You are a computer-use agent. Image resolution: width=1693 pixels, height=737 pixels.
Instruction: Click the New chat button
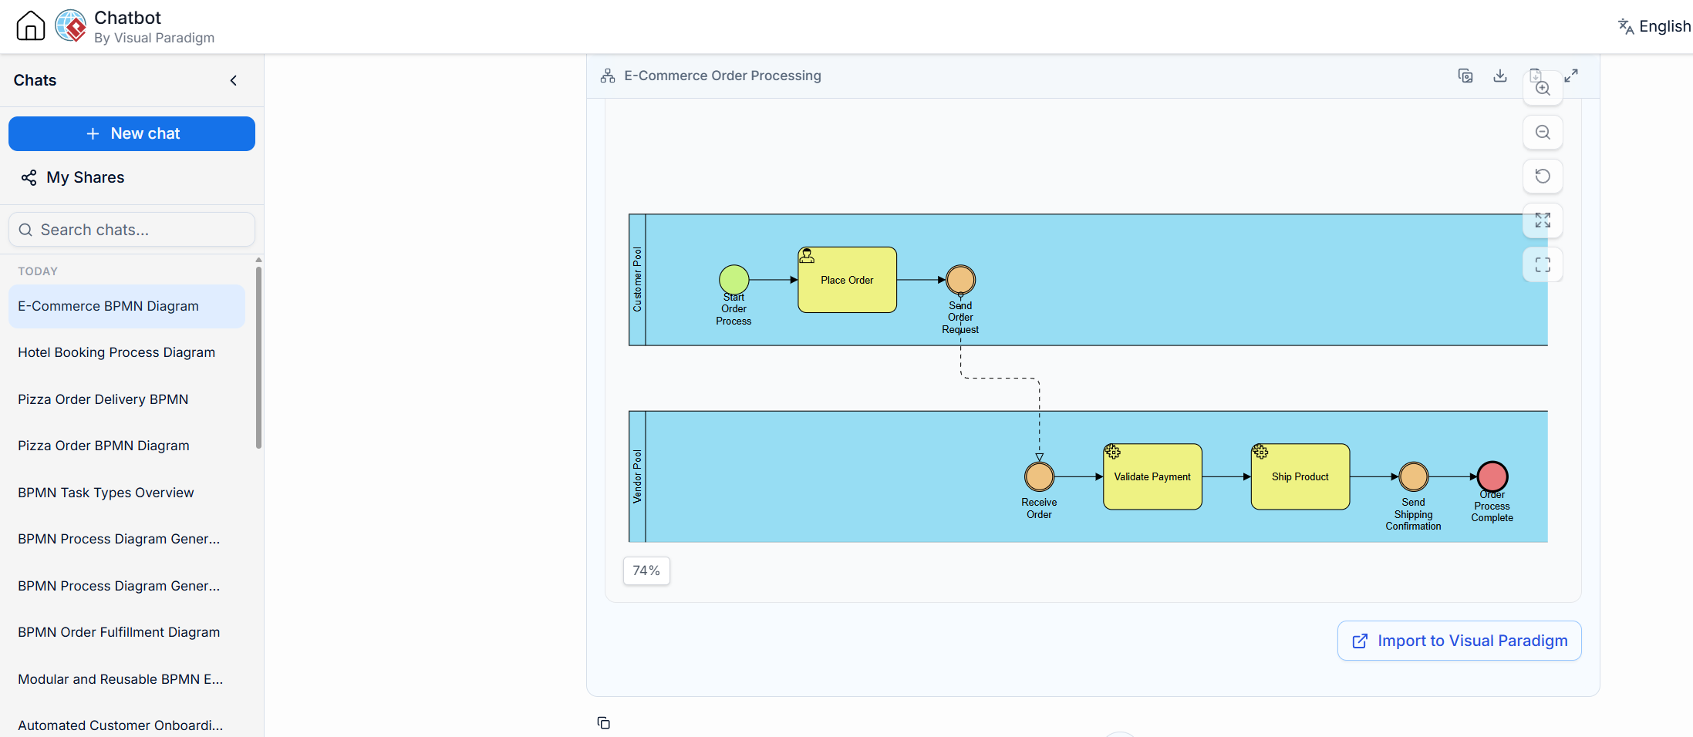132,133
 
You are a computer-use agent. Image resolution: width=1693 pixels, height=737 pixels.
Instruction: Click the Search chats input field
132,230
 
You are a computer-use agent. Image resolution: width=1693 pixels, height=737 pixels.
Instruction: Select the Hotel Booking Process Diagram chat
116,352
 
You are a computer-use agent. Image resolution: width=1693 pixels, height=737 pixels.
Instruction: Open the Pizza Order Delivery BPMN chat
103,399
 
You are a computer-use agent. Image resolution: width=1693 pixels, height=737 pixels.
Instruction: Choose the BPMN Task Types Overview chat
106,493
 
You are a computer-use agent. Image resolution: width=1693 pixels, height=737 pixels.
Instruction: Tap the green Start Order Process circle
734,280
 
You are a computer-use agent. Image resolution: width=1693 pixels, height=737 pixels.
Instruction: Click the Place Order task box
847,280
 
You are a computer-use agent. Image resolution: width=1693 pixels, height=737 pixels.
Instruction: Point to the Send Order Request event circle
960,280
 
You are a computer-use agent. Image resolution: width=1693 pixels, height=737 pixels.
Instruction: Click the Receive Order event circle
1039,476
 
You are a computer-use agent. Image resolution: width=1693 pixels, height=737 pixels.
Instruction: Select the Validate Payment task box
1152,476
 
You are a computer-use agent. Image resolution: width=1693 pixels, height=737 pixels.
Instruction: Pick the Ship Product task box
1300,476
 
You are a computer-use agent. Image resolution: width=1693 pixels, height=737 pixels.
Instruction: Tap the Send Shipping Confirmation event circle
1414,476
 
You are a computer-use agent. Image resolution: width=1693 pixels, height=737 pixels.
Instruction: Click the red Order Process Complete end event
1492,476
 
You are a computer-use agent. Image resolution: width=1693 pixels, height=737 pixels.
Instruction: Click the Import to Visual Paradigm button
1459,641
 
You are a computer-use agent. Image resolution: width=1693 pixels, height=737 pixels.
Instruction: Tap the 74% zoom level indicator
646,570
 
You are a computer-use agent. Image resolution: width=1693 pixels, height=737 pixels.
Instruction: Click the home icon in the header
31,25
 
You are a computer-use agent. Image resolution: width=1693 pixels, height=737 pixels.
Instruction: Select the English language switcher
1654,26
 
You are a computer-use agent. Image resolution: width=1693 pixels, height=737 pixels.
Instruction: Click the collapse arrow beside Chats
234,80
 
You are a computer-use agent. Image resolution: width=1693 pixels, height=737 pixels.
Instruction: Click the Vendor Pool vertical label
637,476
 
